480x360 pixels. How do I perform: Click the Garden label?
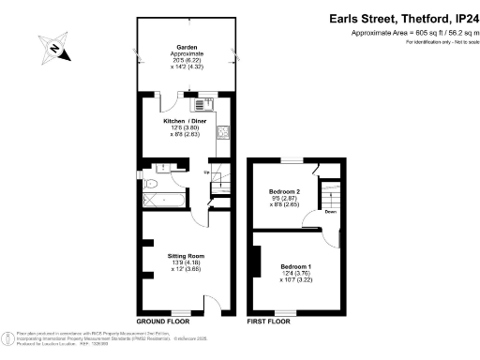[186, 47]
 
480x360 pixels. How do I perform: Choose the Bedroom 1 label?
[294, 265]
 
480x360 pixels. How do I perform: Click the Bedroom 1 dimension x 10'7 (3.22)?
[296, 278]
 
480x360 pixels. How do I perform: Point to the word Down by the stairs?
[330, 211]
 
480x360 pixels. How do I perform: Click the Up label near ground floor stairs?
[206, 172]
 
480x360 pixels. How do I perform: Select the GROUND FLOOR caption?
[163, 321]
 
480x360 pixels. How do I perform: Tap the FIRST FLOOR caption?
[269, 321]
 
